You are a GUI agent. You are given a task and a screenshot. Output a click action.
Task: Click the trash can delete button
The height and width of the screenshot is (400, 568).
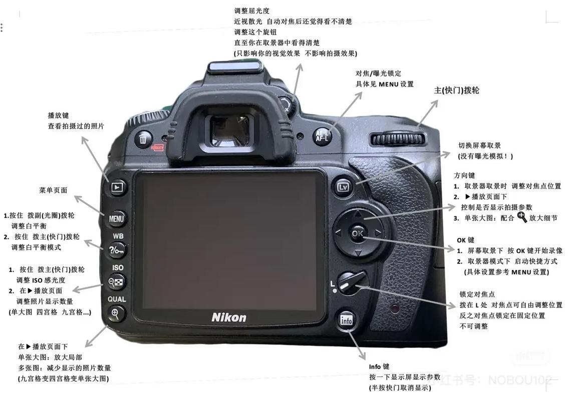pyautogui.click(x=144, y=138)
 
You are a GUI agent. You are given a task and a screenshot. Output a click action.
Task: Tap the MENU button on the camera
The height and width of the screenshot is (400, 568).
pyautogui.click(x=117, y=218)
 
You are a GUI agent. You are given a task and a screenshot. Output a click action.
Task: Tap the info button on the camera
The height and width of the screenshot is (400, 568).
pyautogui.click(x=347, y=320)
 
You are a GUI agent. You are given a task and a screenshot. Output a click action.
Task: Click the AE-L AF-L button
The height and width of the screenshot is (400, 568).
pyautogui.click(x=322, y=135)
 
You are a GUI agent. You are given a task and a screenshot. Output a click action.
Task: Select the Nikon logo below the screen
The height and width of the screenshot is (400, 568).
pyautogui.click(x=229, y=317)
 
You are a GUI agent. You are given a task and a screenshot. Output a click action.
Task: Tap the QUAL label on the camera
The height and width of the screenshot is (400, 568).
pyautogui.click(x=117, y=299)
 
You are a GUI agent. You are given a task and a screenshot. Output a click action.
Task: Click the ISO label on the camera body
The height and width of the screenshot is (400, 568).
pyautogui.click(x=118, y=267)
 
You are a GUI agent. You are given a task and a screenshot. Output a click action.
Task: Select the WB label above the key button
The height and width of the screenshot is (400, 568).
pyautogui.click(x=118, y=235)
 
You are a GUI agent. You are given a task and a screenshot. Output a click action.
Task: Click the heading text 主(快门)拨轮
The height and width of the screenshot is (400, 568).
pyautogui.click(x=456, y=90)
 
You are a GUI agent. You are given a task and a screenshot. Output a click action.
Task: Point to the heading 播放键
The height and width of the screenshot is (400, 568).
pyautogui.click(x=58, y=115)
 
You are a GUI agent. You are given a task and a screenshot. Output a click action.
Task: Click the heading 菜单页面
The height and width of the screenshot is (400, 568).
pyautogui.click(x=53, y=190)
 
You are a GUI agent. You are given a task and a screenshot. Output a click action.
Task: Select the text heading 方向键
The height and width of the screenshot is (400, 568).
pyautogui.click(x=464, y=175)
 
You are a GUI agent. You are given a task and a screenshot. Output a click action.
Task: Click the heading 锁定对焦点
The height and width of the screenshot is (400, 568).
pyautogui.click(x=477, y=294)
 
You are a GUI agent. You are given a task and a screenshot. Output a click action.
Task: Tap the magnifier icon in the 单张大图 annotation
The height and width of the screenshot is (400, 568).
pyautogui.click(x=522, y=217)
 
